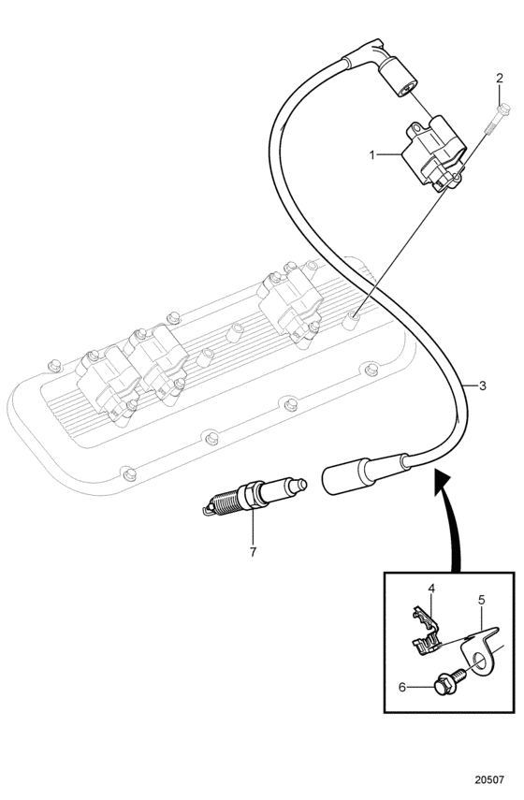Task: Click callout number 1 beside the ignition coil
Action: [372, 154]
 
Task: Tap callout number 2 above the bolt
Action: [500, 78]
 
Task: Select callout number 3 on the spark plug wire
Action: [483, 385]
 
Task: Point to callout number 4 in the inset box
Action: [431, 589]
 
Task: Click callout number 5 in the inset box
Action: [481, 600]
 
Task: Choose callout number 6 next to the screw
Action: [402, 688]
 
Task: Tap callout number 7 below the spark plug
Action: [253, 551]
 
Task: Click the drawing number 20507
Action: [489, 779]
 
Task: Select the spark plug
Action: [255, 497]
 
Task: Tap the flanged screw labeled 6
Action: [449, 681]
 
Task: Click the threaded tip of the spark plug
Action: [223, 504]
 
